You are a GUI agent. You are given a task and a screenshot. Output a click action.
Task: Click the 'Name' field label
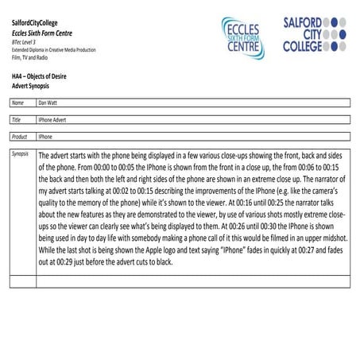click(x=17, y=103)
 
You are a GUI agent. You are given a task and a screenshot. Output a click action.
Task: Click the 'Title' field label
click(x=17, y=119)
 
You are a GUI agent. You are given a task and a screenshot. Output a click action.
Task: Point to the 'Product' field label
click(x=20, y=137)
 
